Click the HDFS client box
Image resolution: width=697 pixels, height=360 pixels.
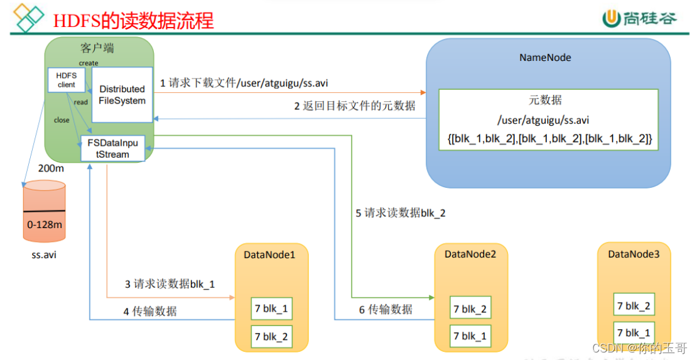point(66,80)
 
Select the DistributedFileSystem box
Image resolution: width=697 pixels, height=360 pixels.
point(122,95)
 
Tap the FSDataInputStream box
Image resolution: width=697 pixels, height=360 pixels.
point(113,148)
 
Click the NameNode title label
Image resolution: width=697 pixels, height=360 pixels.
point(545,58)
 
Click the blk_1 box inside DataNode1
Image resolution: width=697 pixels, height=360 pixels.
point(271,308)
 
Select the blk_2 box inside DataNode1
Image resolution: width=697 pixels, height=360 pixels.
point(271,337)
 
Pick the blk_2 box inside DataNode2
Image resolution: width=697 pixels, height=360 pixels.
point(470,309)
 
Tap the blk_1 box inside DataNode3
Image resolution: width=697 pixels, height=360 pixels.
point(634,333)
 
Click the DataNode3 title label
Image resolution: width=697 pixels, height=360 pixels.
point(634,254)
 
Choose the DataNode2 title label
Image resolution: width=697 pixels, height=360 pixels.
point(470,254)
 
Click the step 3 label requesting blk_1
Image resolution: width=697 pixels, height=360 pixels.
point(170,284)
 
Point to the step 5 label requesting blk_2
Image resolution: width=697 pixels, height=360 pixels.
point(401,213)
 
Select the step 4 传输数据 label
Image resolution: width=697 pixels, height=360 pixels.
point(150,311)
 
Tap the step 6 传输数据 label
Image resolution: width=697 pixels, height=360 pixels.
point(386,309)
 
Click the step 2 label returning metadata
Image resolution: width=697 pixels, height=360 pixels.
point(355,106)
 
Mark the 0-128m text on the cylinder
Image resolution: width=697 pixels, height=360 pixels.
point(45,224)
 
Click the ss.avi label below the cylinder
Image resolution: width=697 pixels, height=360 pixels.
point(45,256)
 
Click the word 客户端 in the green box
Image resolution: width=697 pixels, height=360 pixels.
point(97,48)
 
